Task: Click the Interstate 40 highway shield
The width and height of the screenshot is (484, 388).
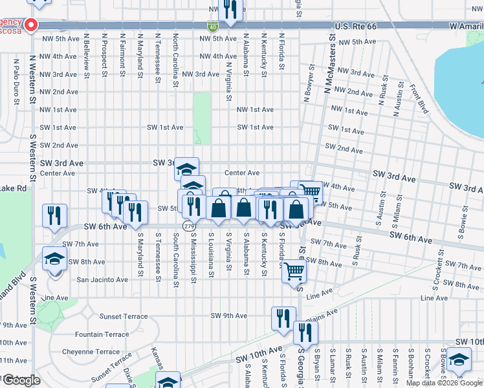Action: click(213, 27)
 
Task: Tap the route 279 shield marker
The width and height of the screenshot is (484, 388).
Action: click(188, 226)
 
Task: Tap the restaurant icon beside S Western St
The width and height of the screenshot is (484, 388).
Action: click(54, 215)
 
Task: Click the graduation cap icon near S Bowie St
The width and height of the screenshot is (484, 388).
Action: click(459, 360)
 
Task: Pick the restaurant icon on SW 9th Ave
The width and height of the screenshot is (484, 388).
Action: click(283, 318)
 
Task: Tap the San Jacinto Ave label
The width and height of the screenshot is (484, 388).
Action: click(103, 280)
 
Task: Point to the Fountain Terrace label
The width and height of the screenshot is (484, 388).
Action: click(102, 334)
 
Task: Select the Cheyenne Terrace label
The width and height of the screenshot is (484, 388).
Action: click(91, 352)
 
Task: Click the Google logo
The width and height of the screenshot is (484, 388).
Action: click(21, 380)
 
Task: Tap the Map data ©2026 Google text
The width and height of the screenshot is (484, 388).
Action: click(443, 383)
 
